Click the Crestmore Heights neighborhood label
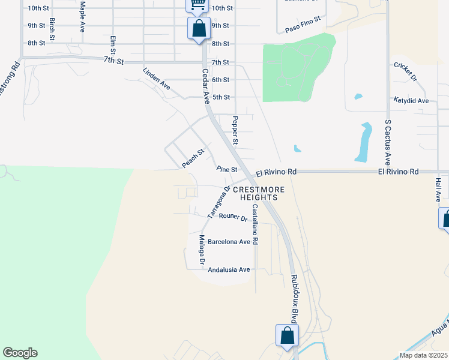259,193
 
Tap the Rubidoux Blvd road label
295,297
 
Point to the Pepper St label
235,131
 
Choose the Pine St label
227,170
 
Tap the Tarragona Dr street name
219,201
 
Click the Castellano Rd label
255,224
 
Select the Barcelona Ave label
229,242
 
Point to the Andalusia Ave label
228,270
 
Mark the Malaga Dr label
202,250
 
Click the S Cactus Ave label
388,142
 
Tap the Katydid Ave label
411,101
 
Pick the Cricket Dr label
405,71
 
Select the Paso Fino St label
304,24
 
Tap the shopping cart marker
197,5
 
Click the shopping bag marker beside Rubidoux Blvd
287,335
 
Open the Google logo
20,353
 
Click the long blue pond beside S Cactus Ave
363,143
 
